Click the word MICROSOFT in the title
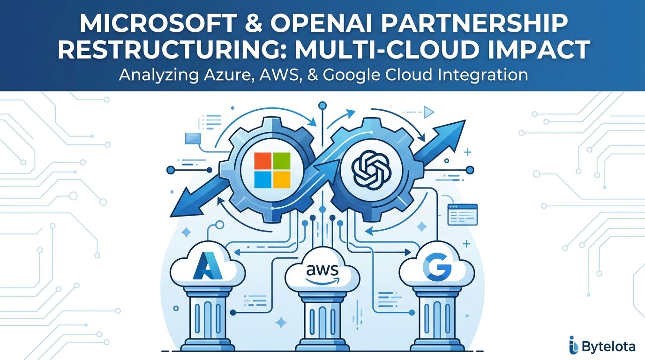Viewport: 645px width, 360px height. (158, 23)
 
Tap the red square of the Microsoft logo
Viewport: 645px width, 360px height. (262, 161)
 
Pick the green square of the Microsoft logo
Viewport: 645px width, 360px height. (282, 161)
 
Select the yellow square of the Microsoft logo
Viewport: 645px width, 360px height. (282, 180)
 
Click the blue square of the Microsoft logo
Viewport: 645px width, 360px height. (262, 180)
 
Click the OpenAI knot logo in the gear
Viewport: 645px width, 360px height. (371, 170)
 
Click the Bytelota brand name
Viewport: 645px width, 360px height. (608, 347)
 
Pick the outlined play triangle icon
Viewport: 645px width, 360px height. (429, 112)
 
